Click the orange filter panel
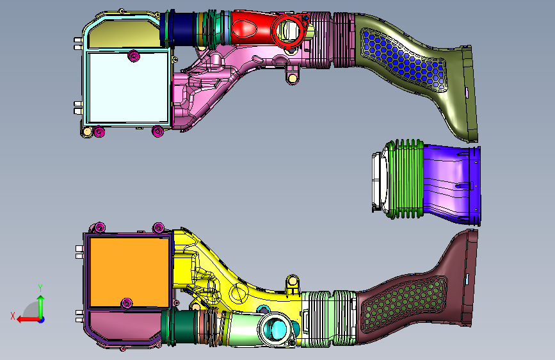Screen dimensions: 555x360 (x=129, y=272)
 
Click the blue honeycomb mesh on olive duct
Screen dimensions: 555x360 (x=403, y=60)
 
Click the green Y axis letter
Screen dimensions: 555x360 (x=40, y=288)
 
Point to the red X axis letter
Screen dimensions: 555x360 (x=13, y=316)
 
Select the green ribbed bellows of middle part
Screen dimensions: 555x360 (x=405, y=179)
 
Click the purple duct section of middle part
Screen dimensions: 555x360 (x=451, y=184)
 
